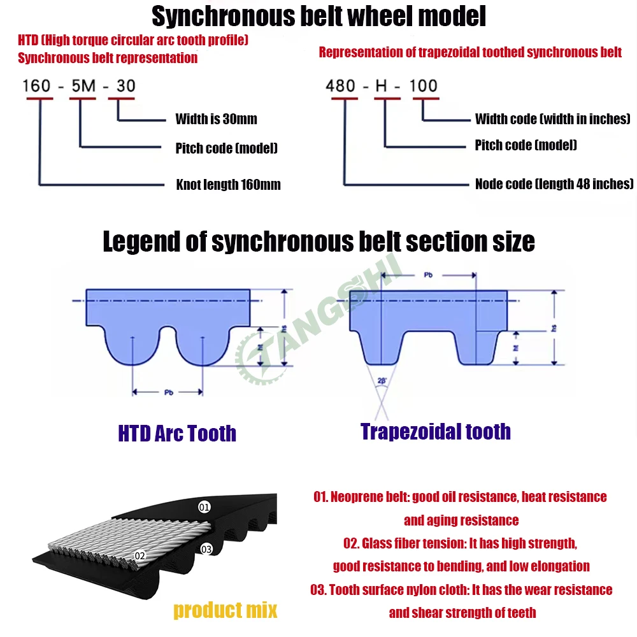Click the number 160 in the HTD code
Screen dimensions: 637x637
[36, 85]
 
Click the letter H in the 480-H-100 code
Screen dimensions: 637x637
[382, 85]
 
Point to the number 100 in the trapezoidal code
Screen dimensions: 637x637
[423, 85]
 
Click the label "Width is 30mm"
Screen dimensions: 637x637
[216, 119]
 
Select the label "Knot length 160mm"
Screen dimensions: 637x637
[228, 185]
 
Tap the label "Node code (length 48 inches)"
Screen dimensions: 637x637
[554, 184]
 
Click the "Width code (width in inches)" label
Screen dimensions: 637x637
[552, 119]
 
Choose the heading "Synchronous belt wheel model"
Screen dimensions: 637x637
[318, 17]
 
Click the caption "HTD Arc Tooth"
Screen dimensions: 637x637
[177, 434]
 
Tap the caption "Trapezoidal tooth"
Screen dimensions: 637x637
[436, 431]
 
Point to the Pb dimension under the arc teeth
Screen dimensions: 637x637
[168, 392]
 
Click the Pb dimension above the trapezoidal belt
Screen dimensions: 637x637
[429, 275]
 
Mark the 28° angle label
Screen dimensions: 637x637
[382, 380]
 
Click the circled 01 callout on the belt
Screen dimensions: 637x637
[204, 508]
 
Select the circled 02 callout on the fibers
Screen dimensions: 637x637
[140, 556]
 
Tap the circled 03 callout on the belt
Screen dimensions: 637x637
[206, 549]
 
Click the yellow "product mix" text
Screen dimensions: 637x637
[225, 611]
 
